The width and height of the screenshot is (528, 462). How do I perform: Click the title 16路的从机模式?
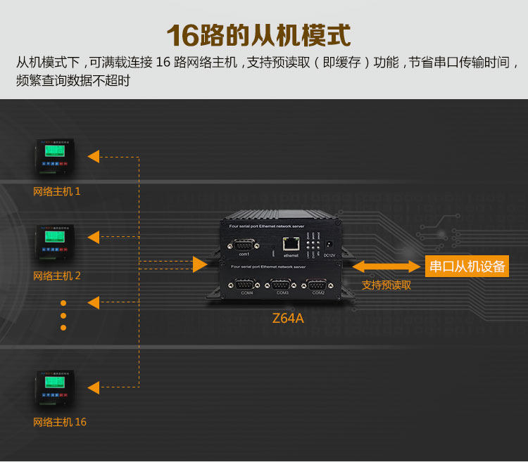coord(258,34)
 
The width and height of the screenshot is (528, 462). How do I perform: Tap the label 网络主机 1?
coord(57,191)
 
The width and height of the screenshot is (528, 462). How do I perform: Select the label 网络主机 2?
coord(57,276)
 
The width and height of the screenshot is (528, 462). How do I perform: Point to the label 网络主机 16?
coord(60,422)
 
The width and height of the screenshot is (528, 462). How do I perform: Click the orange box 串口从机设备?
coord(467,267)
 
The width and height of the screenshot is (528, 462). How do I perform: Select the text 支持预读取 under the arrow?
coord(386,285)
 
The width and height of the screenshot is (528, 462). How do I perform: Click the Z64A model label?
coord(288,318)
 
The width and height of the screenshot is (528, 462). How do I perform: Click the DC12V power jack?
coord(327,243)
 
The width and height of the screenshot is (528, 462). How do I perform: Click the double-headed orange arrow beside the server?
coord(386,267)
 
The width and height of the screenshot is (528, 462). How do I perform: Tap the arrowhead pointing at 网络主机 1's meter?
coord(94,156)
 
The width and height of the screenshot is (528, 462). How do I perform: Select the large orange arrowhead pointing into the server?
coord(200,264)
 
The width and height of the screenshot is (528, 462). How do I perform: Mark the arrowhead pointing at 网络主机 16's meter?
coord(94,386)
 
